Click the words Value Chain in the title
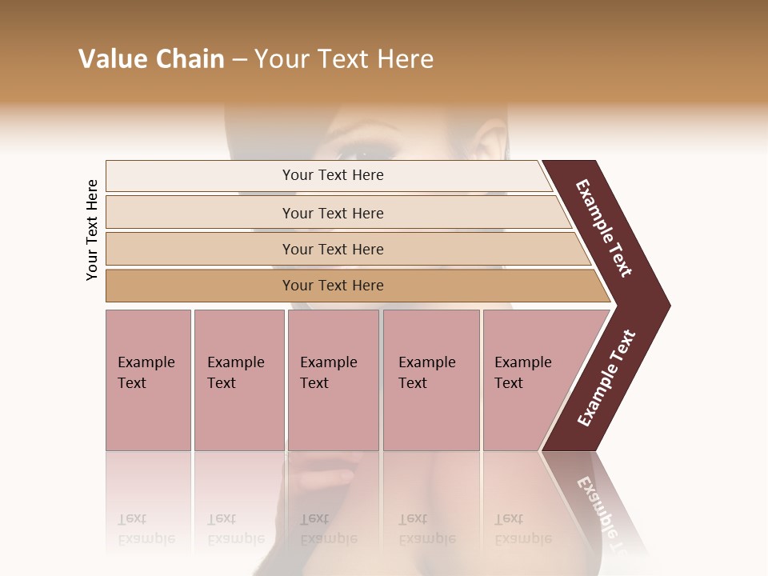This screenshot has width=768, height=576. click(x=151, y=59)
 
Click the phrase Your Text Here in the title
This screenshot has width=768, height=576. click(x=344, y=59)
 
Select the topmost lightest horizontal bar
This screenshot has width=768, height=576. click(x=328, y=175)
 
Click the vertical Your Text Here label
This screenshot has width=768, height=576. click(x=93, y=230)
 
